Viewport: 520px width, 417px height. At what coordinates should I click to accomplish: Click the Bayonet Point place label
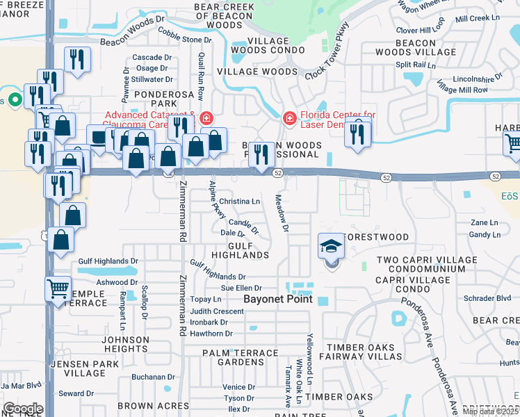tap(278, 300)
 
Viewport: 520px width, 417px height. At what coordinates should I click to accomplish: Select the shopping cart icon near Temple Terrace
tap(58, 288)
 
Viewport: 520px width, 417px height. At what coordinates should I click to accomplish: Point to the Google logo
tap(22, 409)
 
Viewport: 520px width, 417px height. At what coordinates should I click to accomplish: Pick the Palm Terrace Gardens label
tap(241, 357)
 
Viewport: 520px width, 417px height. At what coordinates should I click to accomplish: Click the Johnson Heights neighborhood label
tap(126, 345)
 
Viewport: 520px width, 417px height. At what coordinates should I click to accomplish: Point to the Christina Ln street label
tap(239, 202)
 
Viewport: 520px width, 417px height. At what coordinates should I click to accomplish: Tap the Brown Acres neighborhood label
tap(153, 405)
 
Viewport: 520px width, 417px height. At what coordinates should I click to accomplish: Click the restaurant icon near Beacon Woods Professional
tap(261, 154)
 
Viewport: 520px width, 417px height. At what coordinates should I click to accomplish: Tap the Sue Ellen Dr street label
tap(241, 288)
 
